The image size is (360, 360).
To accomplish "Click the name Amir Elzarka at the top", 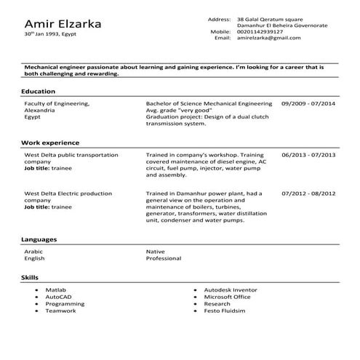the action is [x=63, y=24].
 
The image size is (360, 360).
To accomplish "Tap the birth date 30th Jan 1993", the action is [x=49, y=35].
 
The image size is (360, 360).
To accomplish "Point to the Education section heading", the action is [x=39, y=92].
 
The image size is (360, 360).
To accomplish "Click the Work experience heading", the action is [x=51, y=143].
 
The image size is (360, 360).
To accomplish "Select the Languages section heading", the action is [x=40, y=239].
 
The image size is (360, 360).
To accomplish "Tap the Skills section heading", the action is [x=31, y=278].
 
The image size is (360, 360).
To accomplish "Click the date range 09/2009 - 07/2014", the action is [x=308, y=104].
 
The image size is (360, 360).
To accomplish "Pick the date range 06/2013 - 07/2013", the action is [x=308, y=155].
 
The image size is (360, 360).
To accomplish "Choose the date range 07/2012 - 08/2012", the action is [x=308, y=193].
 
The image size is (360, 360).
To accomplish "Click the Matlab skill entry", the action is [x=56, y=290].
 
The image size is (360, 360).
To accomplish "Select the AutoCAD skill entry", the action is [x=58, y=297].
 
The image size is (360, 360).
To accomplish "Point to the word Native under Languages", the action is [x=156, y=252].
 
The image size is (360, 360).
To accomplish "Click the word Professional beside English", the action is [x=163, y=258].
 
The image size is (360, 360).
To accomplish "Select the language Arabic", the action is [x=34, y=252].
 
